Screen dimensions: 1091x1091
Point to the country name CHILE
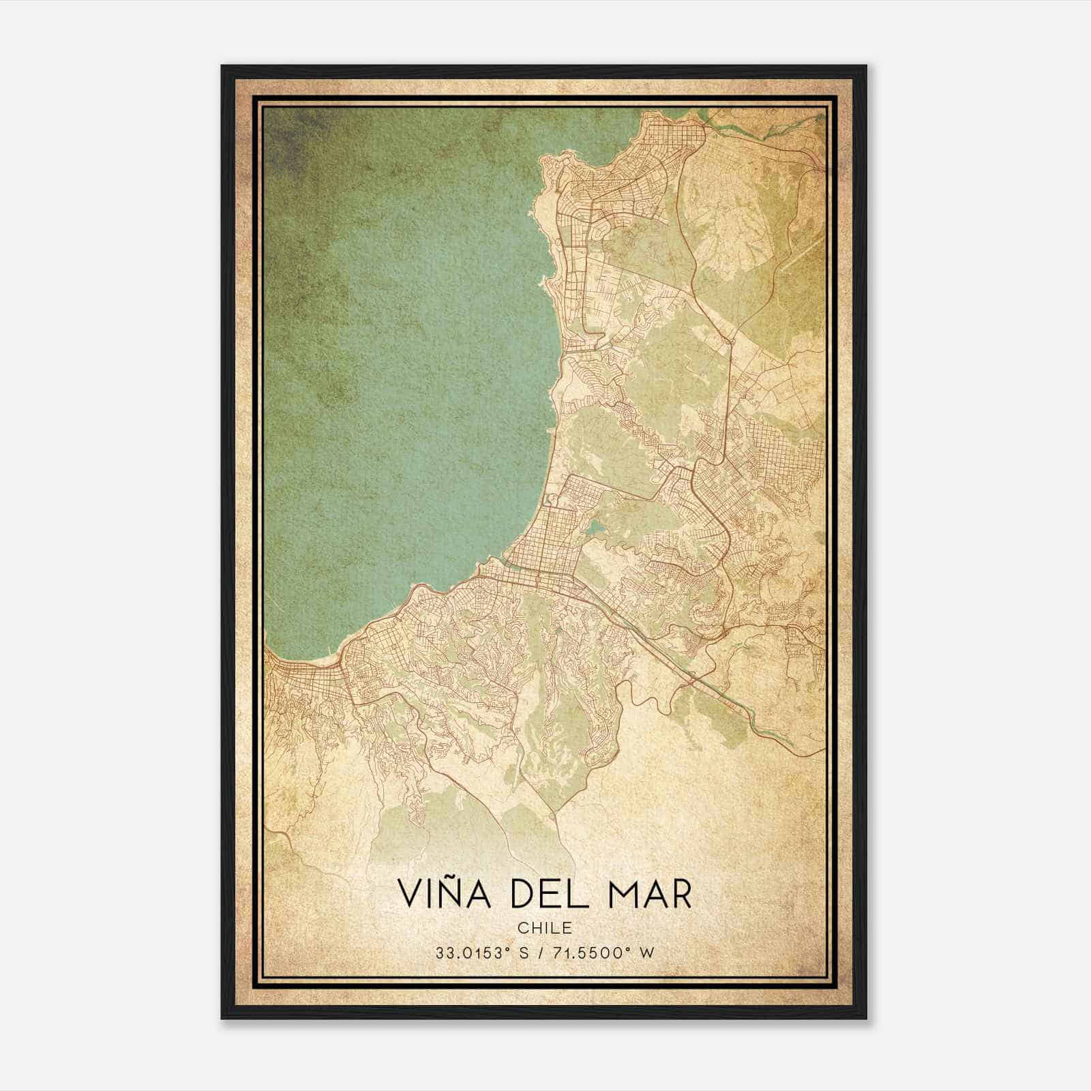[x=545, y=927]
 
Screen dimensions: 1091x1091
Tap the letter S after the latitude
[x=524, y=953]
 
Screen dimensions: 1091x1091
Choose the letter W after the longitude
[x=646, y=953]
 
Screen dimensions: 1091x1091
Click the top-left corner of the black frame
[x=222, y=66]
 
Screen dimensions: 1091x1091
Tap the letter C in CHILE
[x=522, y=927]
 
